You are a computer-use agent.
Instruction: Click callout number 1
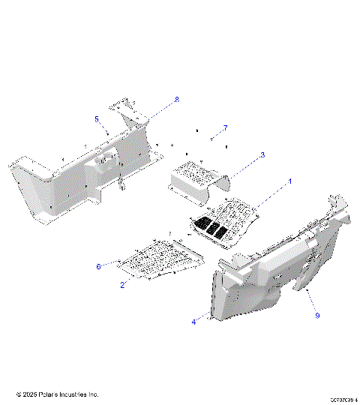(290, 182)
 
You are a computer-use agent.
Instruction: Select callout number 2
(123, 284)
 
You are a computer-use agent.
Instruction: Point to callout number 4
(193, 322)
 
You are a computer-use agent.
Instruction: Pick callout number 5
(97, 119)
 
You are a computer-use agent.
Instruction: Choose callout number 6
(98, 265)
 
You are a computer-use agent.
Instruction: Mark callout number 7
(225, 128)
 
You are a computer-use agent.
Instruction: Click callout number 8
(177, 100)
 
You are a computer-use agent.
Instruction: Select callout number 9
(317, 316)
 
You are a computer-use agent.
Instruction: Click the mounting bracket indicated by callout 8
(129, 112)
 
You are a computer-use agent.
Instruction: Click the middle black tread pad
(213, 228)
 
